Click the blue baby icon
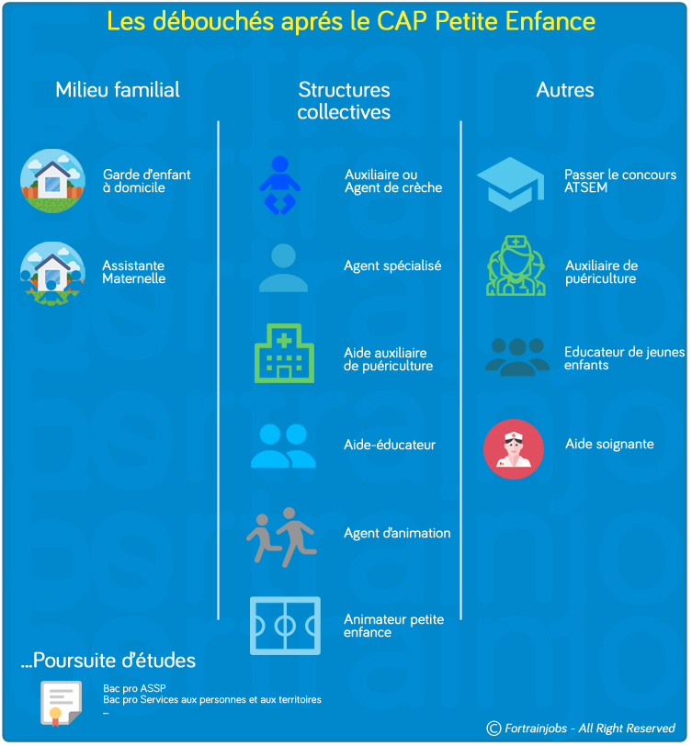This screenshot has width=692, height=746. pos(280,185)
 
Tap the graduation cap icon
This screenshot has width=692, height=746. pos(510,184)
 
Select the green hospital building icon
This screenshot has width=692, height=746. pos(284,353)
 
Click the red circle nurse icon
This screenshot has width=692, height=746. pos(514,449)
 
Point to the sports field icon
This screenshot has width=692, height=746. pos(285,626)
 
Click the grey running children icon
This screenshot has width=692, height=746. pos(282,537)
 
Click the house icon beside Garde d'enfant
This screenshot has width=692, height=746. pos(52,181)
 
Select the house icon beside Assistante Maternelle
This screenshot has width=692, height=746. pos(52,273)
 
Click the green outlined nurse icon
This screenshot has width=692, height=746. pos(516,266)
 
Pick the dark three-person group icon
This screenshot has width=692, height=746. pos(516,357)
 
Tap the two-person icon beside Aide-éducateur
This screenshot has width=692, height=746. pos(283,446)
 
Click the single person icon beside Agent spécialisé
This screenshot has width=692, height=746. pos(283,268)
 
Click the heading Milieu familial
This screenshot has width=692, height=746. pos(118,90)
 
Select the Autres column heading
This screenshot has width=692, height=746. pos(565,90)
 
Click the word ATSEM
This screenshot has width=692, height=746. pos(586,187)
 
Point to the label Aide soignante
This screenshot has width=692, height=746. pos(609,445)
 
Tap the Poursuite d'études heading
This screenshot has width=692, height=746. pos(108,661)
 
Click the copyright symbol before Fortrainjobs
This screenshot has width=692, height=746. pos(493,728)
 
